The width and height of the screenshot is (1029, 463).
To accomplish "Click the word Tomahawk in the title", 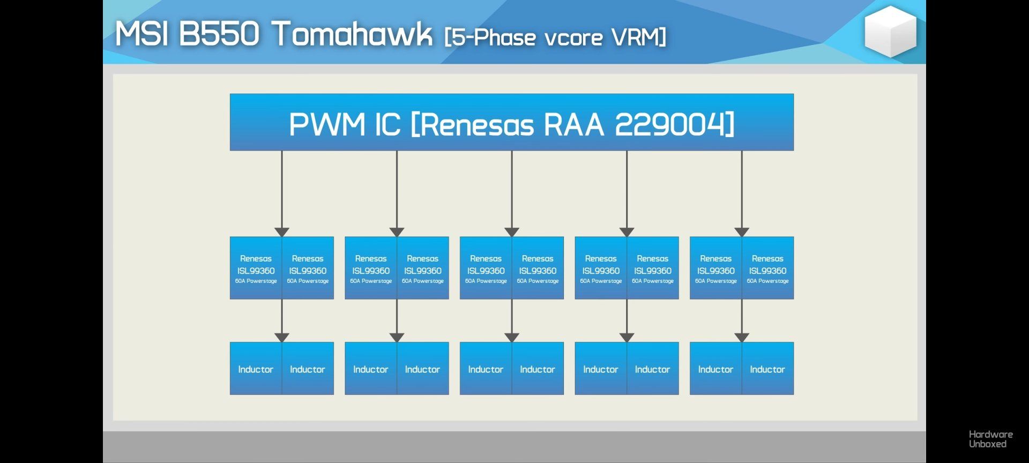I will point(352,34).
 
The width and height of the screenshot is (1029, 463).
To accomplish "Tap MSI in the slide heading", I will point(142,34).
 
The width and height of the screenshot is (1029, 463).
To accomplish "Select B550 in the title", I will point(219,34).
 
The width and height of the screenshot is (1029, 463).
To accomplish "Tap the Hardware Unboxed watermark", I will point(990,439).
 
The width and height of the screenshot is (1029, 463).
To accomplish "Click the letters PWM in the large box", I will point(327,124).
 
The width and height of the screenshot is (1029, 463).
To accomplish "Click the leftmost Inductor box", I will point(256,369).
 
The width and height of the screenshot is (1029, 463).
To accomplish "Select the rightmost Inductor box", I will point(767,369).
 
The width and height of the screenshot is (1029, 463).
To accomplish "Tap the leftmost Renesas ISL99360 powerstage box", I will point(256,268).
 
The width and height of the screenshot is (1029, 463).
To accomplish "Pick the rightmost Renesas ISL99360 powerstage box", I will point(767,268).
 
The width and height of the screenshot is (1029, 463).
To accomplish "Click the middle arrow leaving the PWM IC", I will point(512,193).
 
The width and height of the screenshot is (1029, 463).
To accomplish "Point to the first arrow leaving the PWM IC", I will point(282,193).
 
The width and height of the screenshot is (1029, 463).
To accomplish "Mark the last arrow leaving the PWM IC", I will point(742,193).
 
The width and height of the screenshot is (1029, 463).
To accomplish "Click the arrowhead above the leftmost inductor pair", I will point(282,337).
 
